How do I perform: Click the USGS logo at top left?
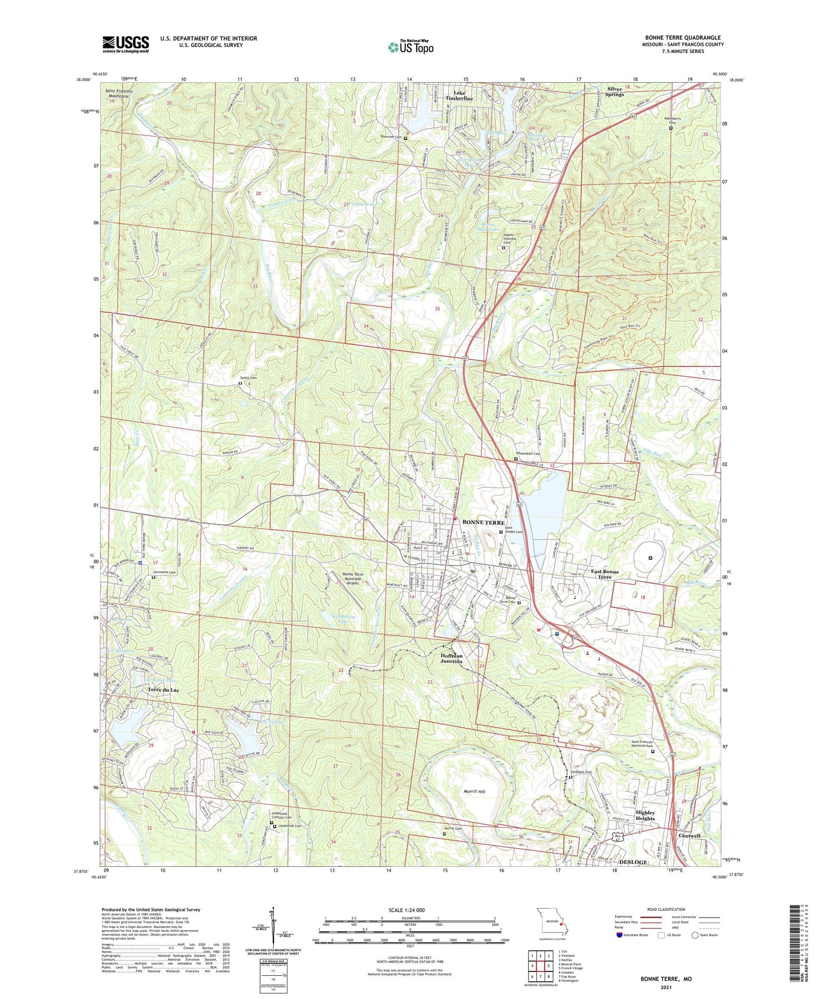point(126,44)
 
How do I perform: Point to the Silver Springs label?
point(615,91)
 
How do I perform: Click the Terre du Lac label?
point(164,690)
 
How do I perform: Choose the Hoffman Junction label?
point(451,659)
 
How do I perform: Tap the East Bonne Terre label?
point(606,574)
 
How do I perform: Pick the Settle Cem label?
point(247,377)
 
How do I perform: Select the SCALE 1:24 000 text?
point(409,910)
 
